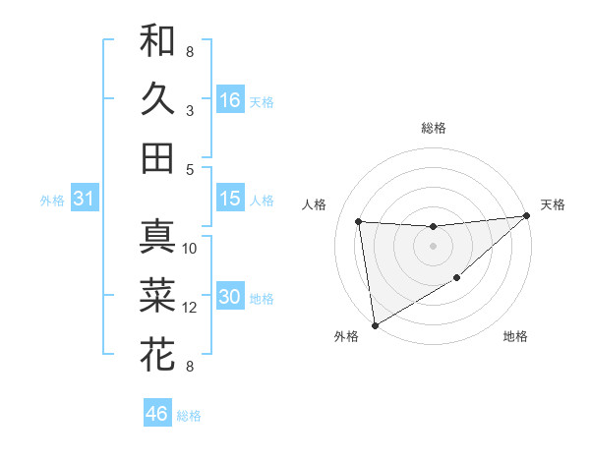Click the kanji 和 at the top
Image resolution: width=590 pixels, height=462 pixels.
[x=157, y=40]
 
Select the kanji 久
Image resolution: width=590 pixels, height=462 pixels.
[x=157, y=98]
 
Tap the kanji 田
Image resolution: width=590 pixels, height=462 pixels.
[x=157, y=157]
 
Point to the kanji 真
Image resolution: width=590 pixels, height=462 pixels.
[x=157, y=237]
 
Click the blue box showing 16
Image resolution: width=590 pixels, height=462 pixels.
[x=230, y=99]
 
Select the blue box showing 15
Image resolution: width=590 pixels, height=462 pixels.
[x=230, y=199]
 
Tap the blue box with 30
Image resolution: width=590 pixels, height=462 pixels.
[x=230, y=297]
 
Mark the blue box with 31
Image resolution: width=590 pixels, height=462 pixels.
[x=85, y=200]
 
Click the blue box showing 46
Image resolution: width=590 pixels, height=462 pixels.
[x=157, y=414]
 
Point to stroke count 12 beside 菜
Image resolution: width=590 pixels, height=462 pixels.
[x=190, y=308]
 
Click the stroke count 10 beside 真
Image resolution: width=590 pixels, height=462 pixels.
[x=190, y=249]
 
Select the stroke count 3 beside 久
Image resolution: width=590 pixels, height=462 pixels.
[x=189, y=111]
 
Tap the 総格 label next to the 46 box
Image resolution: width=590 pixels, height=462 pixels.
[x=189, y=416]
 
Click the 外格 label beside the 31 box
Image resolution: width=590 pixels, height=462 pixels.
[x=52, y=201]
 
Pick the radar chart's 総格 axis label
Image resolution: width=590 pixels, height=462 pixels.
[x=433, y=128]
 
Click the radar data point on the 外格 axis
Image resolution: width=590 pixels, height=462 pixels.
[x=375, y=325]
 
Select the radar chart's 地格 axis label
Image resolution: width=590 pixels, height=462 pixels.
[x=515, y=336]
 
